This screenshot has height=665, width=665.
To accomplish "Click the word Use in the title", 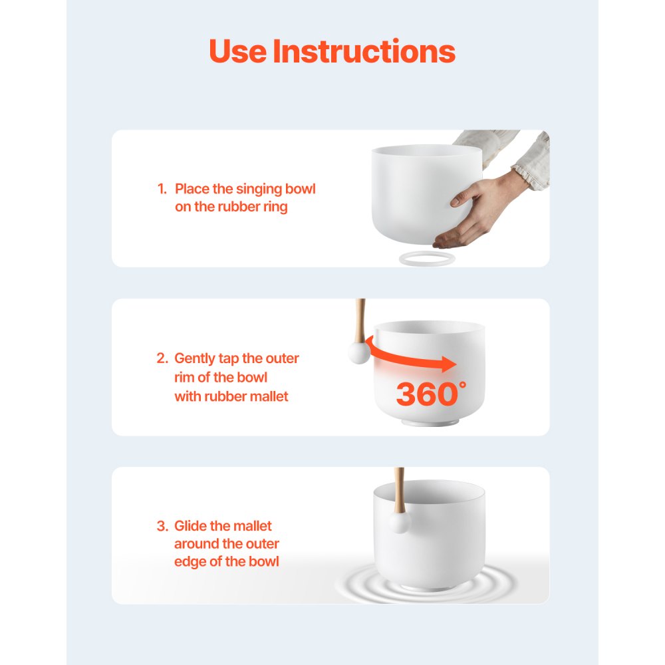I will (x=237, y=51).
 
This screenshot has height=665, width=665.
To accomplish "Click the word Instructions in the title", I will (x=364, y=51).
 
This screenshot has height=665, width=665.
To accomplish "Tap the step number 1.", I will (x=162, y=190).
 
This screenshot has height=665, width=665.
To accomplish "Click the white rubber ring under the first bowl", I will (x=427, y=259).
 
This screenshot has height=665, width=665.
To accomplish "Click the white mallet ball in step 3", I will (x=399, y=523).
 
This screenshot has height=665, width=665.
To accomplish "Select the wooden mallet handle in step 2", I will (x=361, y=319).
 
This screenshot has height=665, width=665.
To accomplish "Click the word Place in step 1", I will (x=192, y=190).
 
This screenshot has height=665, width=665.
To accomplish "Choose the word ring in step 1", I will (x=276, y=207).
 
